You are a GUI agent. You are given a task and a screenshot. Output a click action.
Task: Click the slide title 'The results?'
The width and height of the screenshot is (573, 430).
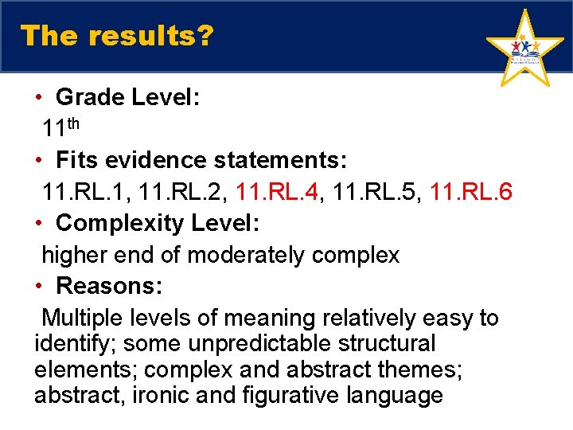pos(116,36)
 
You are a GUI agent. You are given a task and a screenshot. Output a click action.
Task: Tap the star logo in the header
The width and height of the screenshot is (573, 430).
pos(524,50)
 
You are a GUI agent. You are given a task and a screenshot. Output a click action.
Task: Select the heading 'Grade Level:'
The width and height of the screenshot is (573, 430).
pos(127,98)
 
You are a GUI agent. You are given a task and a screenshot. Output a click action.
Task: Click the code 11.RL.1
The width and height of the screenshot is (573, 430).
pos(80,192)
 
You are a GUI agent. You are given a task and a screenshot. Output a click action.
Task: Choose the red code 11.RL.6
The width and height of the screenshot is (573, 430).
pos(471,192)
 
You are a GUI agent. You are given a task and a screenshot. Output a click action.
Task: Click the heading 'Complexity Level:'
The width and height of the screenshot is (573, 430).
pos(158,223)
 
